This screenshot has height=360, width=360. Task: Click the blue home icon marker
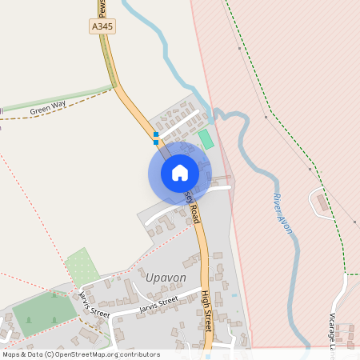click(x=179, y=173)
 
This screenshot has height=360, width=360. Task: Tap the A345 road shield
click(x=102, y=26)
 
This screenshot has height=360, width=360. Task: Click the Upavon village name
click(x=166, y=277)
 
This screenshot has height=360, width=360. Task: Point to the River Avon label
click(x=282, y=214)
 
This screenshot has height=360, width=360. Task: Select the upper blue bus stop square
click(x=156, y=134)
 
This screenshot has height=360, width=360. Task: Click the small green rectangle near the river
click(x=206, y=138)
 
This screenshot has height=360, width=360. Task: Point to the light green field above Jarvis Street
click(x=82, y=266)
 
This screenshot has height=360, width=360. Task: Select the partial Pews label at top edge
click(x=102, y=7)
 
